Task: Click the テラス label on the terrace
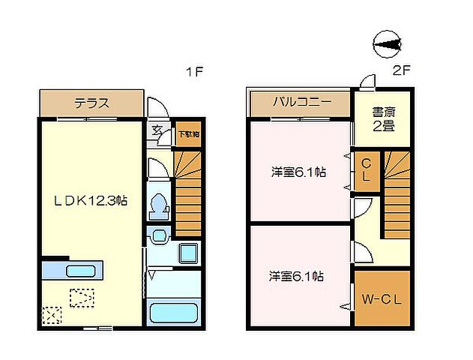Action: (91, 103)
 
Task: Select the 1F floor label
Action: (195, 73)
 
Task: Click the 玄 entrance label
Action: (157, 130)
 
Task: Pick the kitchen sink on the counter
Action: (79, 270)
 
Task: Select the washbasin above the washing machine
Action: (159, 237)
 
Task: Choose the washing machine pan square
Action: (188, 253)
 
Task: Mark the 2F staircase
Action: (397, 195)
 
